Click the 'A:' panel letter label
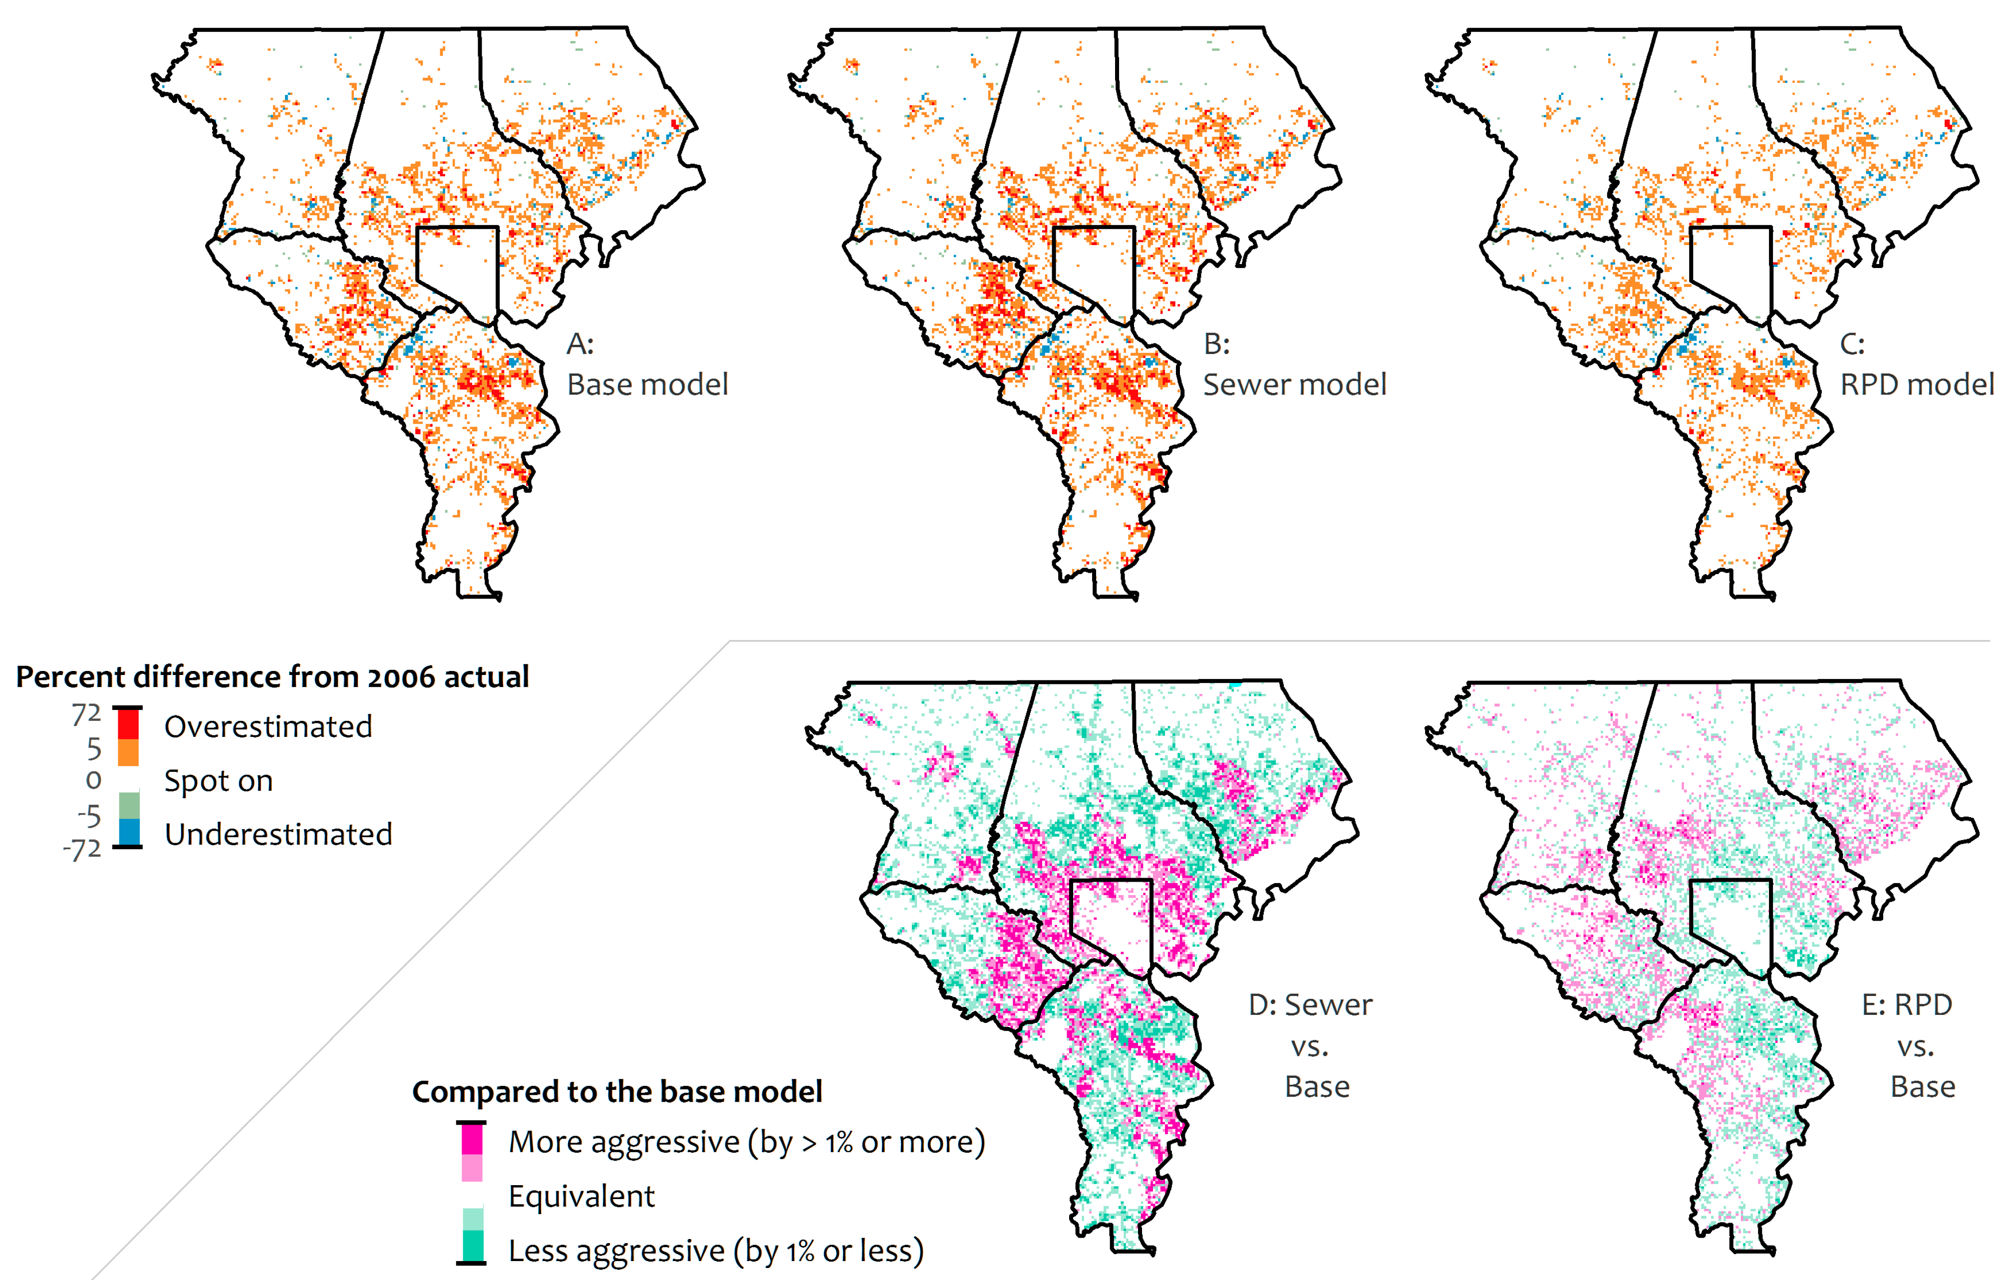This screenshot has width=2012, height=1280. (580, 343)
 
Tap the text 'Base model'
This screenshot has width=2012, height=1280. (647, 384)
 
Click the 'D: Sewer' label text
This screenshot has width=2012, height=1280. (1309, 1004)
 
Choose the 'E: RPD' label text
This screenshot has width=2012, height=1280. (1907, 1004)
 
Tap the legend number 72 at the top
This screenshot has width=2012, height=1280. (86, 714)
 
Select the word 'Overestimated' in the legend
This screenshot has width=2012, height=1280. (268, 727)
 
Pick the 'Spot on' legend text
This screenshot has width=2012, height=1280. (218, 780)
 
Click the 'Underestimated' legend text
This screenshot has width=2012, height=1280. (278, 834)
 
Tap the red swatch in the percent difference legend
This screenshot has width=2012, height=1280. (128, 723)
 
